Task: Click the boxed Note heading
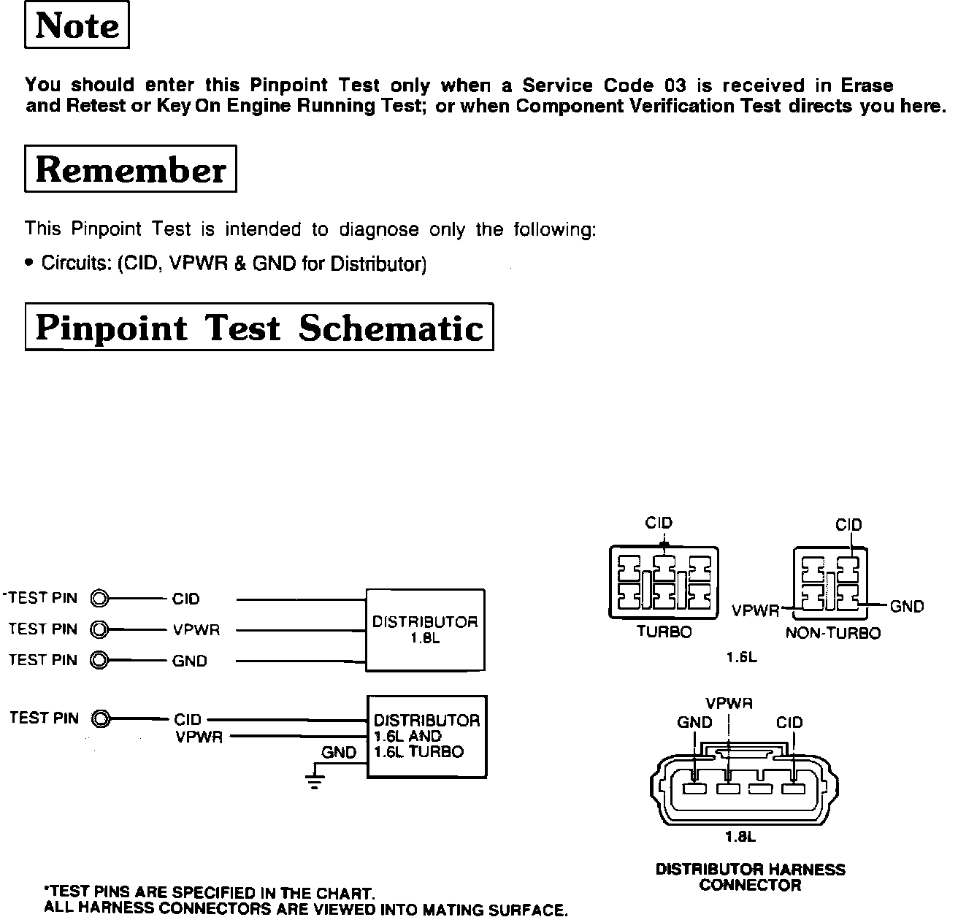click(77, 26)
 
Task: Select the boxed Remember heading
click(131, 169)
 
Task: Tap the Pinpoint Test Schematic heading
click(259, 328)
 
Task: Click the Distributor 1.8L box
click(425, 629)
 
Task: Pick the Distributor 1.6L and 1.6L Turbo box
click(426, 736)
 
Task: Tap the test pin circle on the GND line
click(99, 661)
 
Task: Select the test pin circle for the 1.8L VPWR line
click(99, 629)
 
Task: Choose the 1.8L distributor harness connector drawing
click(739, 786)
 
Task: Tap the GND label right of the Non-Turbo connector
click(907, 606)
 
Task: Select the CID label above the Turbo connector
click(659, 523)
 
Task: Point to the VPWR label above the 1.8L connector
click(729, 704)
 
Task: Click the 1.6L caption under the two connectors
click(741, 657)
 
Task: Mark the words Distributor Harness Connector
click(750, 877)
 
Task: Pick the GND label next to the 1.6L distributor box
click(339, 753)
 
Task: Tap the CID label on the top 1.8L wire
click(186, 599)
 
